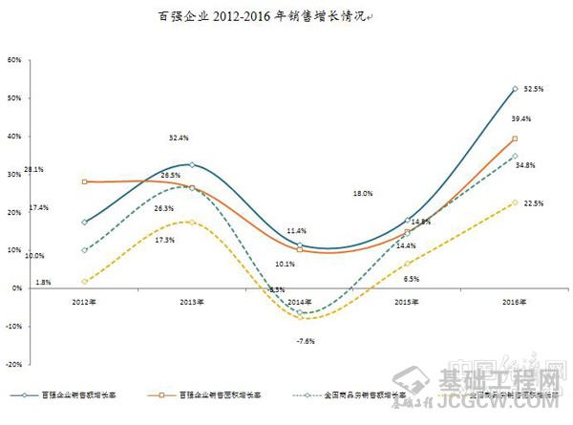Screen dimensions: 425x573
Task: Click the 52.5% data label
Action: click(x=533, y=89)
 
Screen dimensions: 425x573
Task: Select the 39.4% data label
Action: click(x=521, y=119)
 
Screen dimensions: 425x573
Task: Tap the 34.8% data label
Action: click(x=524, y=165)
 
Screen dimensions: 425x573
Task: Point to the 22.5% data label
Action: click(x=533, y=202)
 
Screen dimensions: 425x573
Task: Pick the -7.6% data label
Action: click(x=305, y=340)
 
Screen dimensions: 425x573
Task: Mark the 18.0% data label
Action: click(x=363, y=194)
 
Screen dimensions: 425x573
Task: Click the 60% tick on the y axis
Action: click(x=14, y=59)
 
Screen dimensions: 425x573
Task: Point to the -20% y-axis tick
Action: click(x=13, y=364)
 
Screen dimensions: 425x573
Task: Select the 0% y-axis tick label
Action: click(x=17, y=288)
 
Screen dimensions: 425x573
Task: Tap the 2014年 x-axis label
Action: click(x=300, y=302)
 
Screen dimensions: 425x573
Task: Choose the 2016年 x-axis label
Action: click(x=516, y=302)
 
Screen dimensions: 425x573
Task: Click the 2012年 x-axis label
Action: click(x=85, y=302)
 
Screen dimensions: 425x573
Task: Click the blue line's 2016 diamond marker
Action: click(x=516, y=89)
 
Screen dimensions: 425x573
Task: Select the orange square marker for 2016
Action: click(x=516, y=139)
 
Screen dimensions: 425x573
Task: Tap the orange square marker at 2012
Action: click(x=85, y=181)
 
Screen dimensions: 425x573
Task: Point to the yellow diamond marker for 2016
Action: click(x=516, y=202)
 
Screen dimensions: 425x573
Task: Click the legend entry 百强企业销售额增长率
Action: click(x=76, y=393)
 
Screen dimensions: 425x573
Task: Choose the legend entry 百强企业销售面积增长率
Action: click(x=216, y=393)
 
